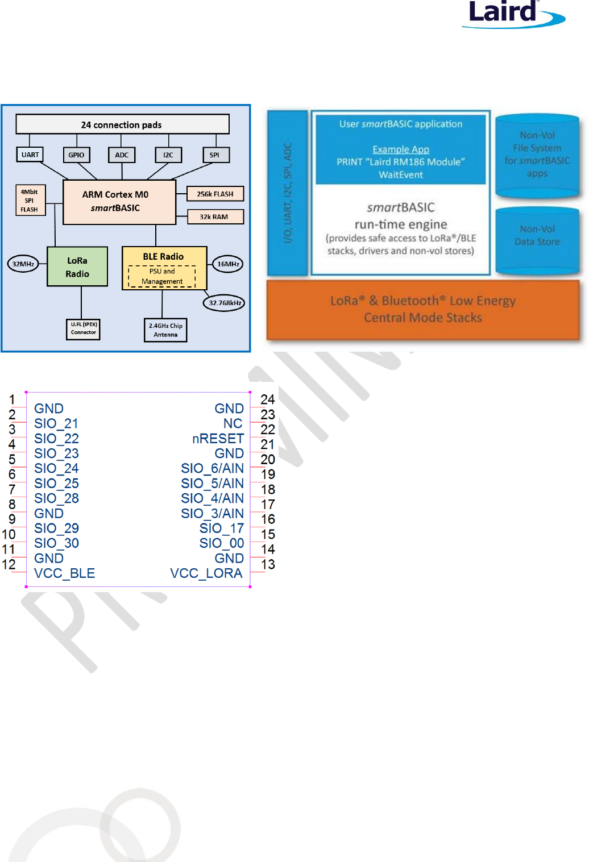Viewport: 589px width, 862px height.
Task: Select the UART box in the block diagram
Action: tap(30, 155)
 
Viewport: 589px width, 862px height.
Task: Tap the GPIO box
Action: tap(76, 155)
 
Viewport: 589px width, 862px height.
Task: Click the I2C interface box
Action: tap(168, 155)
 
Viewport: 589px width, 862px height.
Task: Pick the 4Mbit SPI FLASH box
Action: tap(30, 201)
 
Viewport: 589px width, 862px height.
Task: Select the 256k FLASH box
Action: tap(215, 194)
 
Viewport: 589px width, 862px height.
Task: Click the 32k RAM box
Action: tap(214, 216)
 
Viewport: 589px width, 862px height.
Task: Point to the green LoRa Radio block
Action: tap(77, 266)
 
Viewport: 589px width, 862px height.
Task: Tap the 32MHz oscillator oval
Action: tap(23, 264)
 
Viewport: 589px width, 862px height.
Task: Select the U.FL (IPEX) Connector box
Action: tap(84, 328)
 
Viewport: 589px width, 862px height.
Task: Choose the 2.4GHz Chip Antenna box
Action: tap(165, 330)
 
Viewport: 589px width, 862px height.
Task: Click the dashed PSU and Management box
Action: tap(162, 276)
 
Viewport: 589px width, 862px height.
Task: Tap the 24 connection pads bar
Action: tap(122, 124)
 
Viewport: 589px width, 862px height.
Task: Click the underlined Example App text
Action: tap(401, 149)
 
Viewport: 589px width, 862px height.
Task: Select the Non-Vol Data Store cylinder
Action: tap(537, 239)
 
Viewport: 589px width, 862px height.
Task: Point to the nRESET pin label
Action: tap(218, 439)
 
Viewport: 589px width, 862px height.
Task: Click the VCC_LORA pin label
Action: tap(206, 573)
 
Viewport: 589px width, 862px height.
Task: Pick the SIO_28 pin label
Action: tap(56, 498)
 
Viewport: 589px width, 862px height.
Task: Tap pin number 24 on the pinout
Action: tap(267, 399)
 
